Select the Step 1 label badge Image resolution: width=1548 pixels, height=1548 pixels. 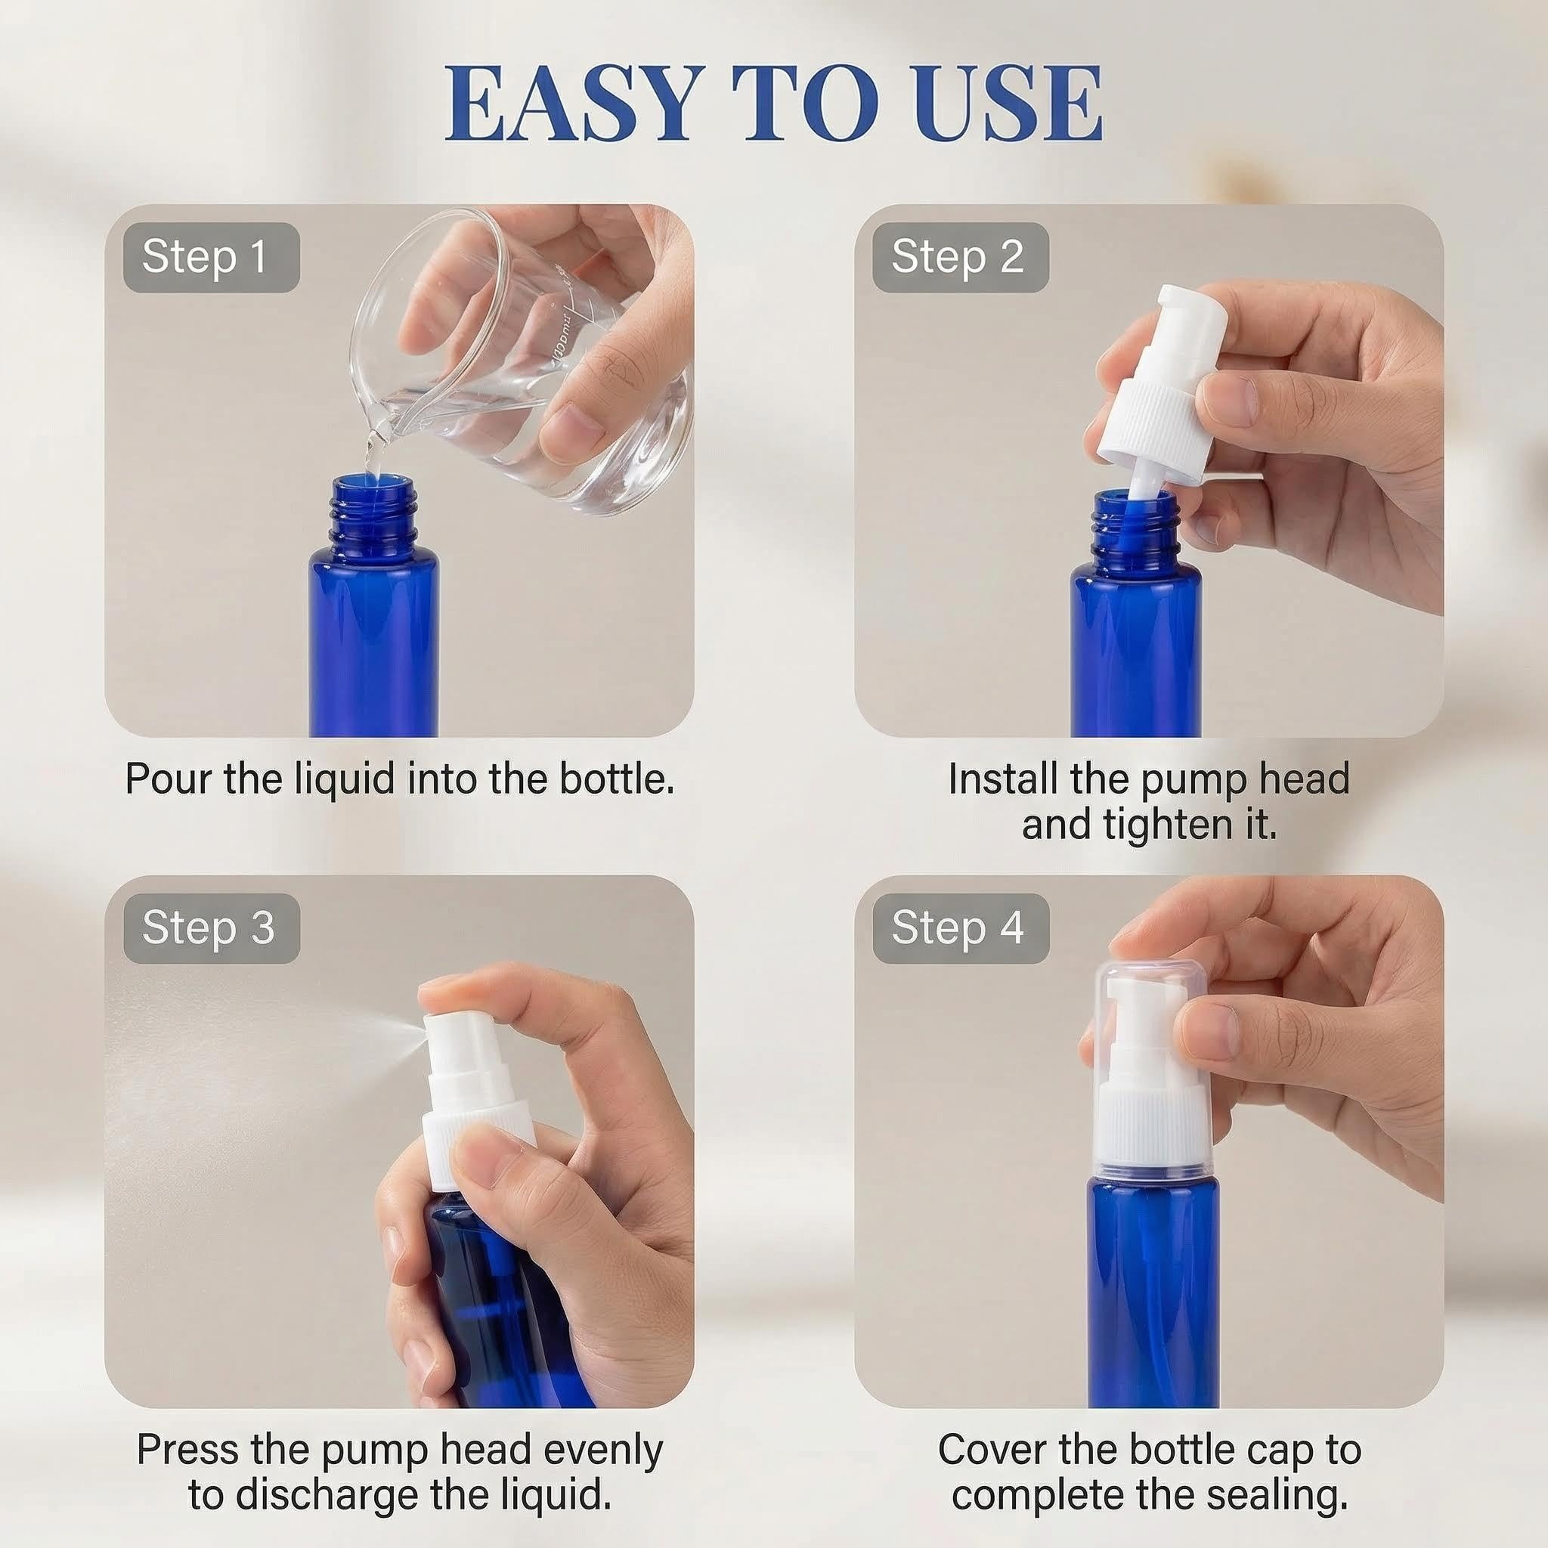click(x=212, y=257)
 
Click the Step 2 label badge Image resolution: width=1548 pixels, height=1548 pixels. click(x=961, y=257)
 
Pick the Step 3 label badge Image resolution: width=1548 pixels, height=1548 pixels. click(x=212, y=928)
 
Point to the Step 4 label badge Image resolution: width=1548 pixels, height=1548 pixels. click(x=961, y=928)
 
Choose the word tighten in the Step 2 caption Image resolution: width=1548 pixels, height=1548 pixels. click(x=1169, y=825)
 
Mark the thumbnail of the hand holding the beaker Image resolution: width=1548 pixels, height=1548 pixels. click(x=581, y=421)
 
